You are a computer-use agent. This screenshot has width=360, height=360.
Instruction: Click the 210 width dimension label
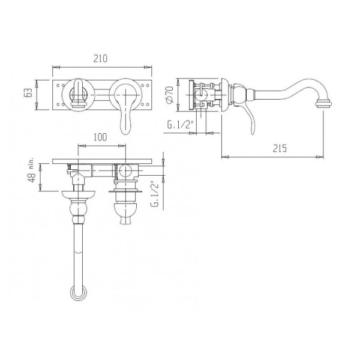(x=100, y=59)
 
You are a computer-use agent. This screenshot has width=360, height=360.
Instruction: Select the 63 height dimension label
(x=28, y=93)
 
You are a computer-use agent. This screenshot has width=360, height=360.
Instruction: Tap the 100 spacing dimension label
(x=100, y=137)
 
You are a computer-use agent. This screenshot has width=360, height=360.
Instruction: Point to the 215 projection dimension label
(x=280, y=148)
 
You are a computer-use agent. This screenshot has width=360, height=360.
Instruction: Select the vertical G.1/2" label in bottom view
(x=155, y=194)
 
